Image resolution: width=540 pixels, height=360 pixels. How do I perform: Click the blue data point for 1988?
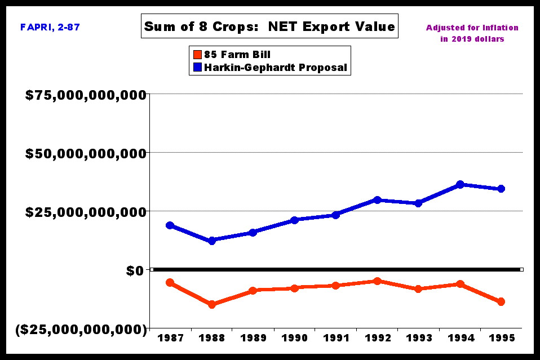click(x=211, y=241)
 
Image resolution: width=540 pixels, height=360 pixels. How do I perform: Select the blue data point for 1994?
click(x=460, y=184)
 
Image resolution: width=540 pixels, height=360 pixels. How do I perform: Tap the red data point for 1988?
click(x=211, y=304)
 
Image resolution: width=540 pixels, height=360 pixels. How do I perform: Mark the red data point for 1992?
click(x=377, y=281)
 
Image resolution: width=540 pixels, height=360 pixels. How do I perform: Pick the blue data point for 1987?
click(x=170, y=225)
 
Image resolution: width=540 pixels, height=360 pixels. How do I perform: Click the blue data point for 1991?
click(x=336, y=215)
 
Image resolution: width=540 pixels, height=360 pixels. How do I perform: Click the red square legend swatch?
click(x=197, y=55)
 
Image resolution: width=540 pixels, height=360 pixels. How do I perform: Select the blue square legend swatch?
click(x=197, y=68)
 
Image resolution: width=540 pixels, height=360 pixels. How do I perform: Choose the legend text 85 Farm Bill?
click(x=245, y=55)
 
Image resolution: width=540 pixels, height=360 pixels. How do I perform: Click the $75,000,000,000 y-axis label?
click(x=86, y=95)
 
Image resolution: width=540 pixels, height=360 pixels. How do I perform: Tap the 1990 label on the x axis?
click(x=294, y=338)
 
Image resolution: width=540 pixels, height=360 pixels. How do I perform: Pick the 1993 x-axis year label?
click(x=419, y=338)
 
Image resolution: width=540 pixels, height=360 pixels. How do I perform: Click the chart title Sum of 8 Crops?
click(x=269, y=26)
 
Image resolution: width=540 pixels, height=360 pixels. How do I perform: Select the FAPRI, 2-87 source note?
click(x=50, y=26)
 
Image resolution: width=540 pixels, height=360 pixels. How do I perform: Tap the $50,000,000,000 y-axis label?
click(x=86, y=153)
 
